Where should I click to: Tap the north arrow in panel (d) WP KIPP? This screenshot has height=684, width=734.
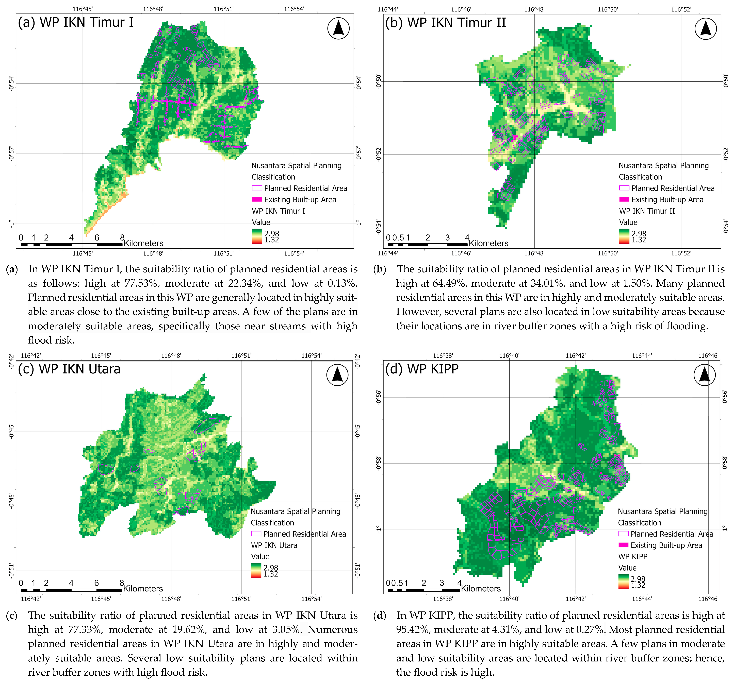click(x=705, y=375)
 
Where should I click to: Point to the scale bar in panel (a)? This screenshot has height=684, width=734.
click(x=71, y=244)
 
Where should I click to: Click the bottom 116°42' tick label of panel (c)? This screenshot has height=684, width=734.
click(x=31, y=599)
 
